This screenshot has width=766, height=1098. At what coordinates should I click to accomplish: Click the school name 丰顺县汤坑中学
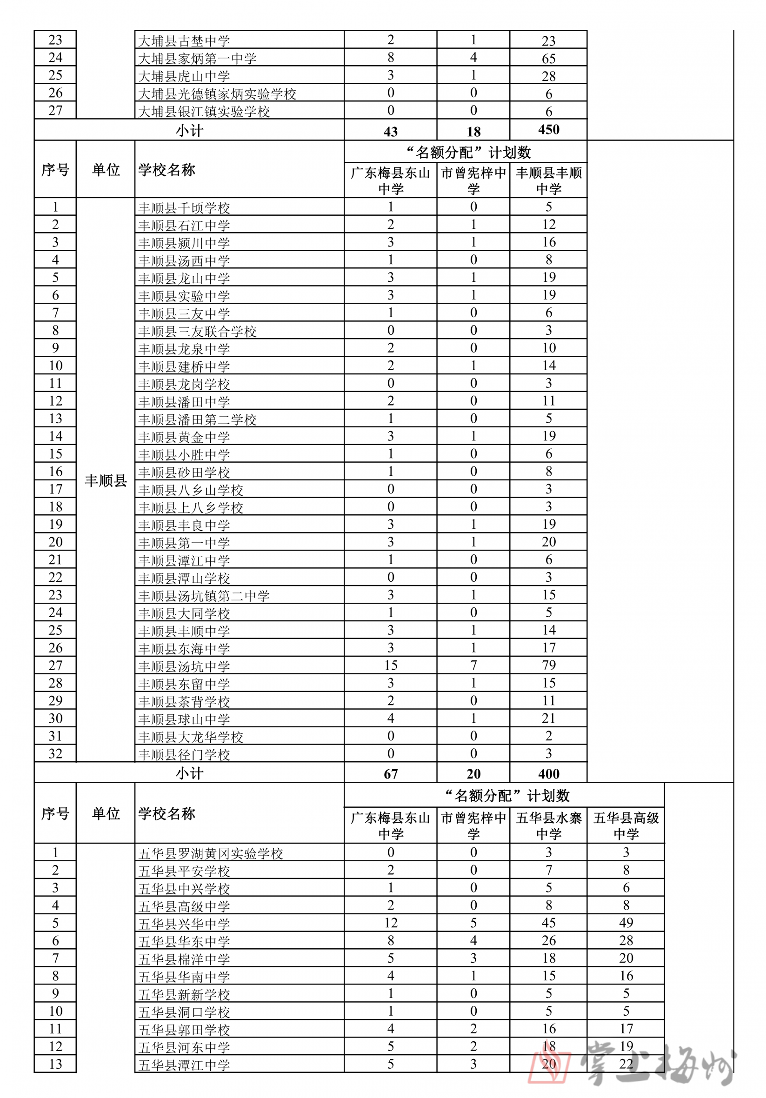pyautogui.click(x=184, y=666)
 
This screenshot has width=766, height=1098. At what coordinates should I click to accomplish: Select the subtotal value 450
pyautogui.click(x=548, y=130)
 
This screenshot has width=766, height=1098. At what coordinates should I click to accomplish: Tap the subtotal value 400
pyautogui.click(x=548, y=773)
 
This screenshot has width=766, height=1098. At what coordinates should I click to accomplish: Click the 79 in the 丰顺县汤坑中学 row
pyautogui.click(x=548, y=665)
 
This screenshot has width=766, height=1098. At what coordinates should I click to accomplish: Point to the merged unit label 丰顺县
pyautogui.click(x=106, y=480)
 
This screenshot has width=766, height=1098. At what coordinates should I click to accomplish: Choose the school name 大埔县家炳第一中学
pyautogui.click(x=197, y=58)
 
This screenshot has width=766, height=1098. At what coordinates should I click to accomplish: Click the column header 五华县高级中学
pyautogui.click(x=626, y=826)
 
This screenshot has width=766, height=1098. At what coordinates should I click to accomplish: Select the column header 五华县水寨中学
pyautogui.click(x=548, y=826)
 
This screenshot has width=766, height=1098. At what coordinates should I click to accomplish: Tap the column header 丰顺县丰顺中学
pyautogui.click(x=548, y=180)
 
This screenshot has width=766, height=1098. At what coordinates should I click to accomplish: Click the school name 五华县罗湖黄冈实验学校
pyautogui.click(x=210, y=854)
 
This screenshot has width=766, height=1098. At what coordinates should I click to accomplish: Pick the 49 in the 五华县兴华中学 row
pyautogui.click(x=626, y=923)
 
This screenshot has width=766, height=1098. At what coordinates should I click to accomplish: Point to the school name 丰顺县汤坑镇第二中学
pyautogui.click(x=204, y=596)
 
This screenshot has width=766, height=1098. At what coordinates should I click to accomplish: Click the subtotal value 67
pyautogui.click(x=391, y=774)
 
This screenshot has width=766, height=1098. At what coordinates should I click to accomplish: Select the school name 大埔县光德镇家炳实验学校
pyautogui.click(x=217, y=94)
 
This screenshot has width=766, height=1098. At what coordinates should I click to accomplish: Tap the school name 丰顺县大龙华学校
pyautogui.click(x=190, y=737)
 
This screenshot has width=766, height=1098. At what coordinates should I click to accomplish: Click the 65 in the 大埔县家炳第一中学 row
pyautogui.click(x=548, y=58)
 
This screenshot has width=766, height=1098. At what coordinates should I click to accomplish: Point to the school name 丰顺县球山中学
pyautogui.click(x=184, y=719)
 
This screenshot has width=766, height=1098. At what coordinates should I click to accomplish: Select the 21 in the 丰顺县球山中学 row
pyautogui.click(x=548, y=719)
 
